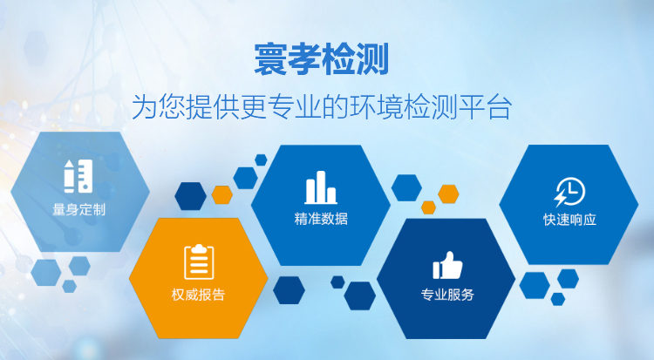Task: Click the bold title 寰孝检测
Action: click(x=321, y=58)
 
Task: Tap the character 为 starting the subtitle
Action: click(x=144, y=107)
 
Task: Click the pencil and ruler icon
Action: click(x=78, y=176)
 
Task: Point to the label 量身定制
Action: click(x=78, y=209)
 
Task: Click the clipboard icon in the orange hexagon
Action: click(x=199, y=262)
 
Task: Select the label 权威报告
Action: click(x=199, y=295)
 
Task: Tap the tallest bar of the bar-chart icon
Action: click(x=320, y=187)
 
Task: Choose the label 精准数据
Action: click(x=321, y=218)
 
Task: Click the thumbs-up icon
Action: click(x=447, y=265)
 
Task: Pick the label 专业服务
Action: click(x=447, y=295)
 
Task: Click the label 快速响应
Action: click(x=569, y=220)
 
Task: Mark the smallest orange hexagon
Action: click(x=428, y=207)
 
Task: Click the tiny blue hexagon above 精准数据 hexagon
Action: click(x=261, y=160)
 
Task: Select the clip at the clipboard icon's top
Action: click(x=199, y=248)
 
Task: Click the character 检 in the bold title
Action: click(x=338, y=58)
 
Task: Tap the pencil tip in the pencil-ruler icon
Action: click(x=69, y=163)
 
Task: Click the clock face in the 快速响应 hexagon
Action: click(x=572, y=191)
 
